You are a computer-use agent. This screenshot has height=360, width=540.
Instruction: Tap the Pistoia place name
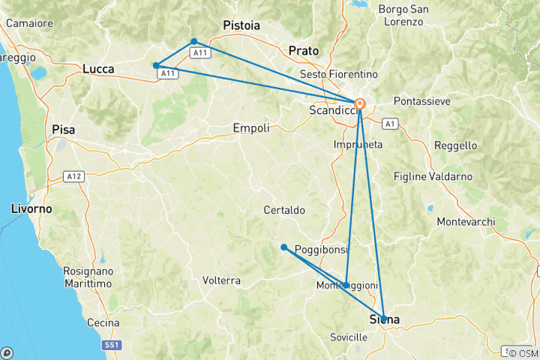241,25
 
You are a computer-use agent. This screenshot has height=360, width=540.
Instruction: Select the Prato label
304,51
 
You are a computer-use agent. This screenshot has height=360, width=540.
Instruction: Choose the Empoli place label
251,128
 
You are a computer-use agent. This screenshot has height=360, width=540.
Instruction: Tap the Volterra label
221,280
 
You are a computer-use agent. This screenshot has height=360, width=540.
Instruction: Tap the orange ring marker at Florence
360,104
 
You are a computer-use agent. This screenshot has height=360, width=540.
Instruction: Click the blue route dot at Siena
383,319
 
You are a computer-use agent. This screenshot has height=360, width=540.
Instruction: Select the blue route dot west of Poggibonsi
283,247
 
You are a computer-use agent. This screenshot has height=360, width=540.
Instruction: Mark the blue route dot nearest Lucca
155,65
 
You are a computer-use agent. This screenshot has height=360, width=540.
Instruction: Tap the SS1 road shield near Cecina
111,346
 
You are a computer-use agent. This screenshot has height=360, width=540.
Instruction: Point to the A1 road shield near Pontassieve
389,122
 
